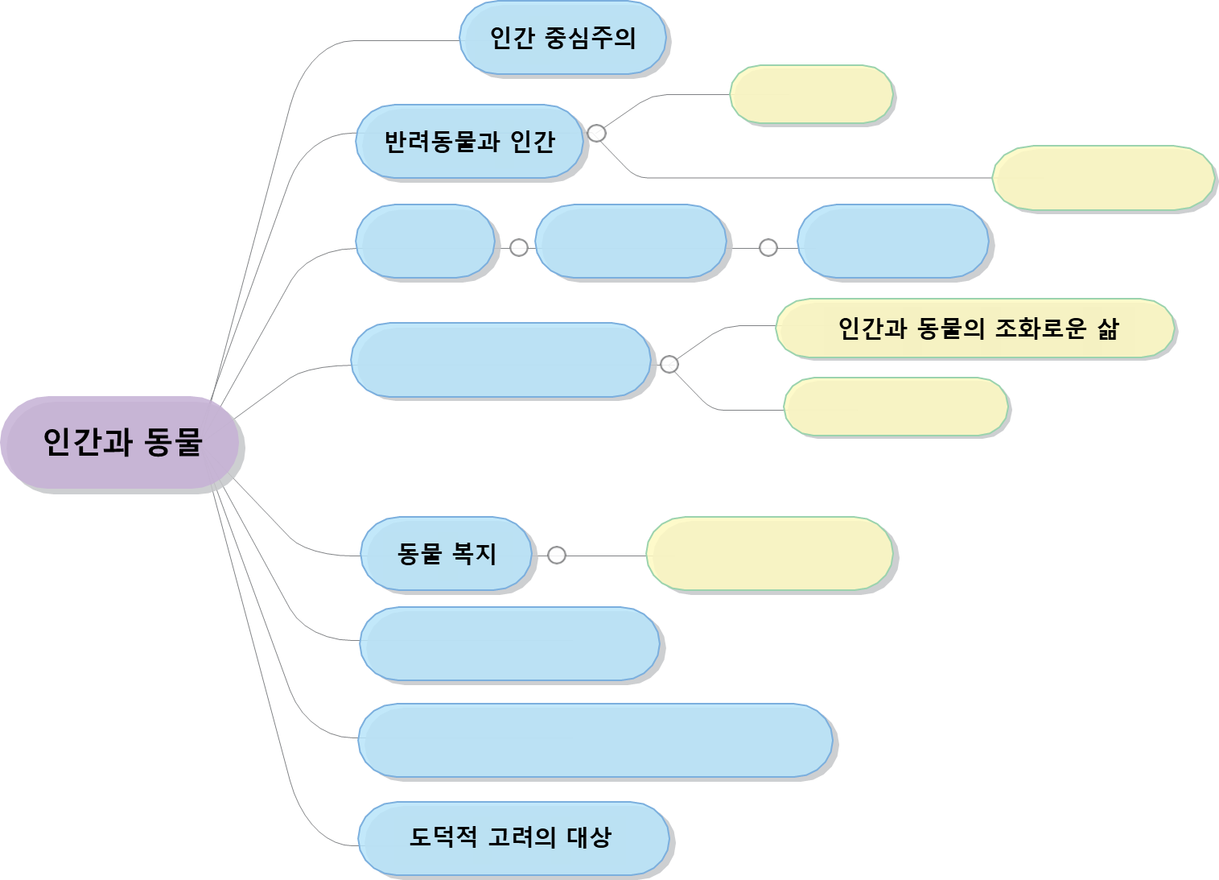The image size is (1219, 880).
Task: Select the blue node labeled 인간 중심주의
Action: (563, 38)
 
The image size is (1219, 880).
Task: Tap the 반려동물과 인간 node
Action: (469, 142)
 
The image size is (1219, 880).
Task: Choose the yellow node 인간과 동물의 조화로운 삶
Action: (975, 328)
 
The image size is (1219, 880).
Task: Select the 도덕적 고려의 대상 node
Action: (513, 837)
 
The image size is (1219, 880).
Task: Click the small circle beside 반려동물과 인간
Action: (596, 133)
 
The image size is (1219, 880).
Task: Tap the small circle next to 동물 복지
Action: (556, 555)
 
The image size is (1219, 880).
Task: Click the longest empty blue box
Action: (595, 741)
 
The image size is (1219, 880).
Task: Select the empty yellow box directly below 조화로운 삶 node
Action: (896, 407)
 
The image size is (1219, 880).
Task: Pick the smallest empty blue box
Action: (425, 242)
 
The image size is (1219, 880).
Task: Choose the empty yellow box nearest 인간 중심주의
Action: (811, 95)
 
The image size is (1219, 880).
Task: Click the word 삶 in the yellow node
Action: (1108, 328)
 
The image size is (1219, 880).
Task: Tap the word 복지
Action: (474, 554)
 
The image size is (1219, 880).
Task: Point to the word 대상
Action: (589, 837)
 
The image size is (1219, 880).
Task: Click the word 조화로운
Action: (1040, 328)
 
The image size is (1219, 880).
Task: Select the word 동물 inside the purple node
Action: (173, 443)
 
